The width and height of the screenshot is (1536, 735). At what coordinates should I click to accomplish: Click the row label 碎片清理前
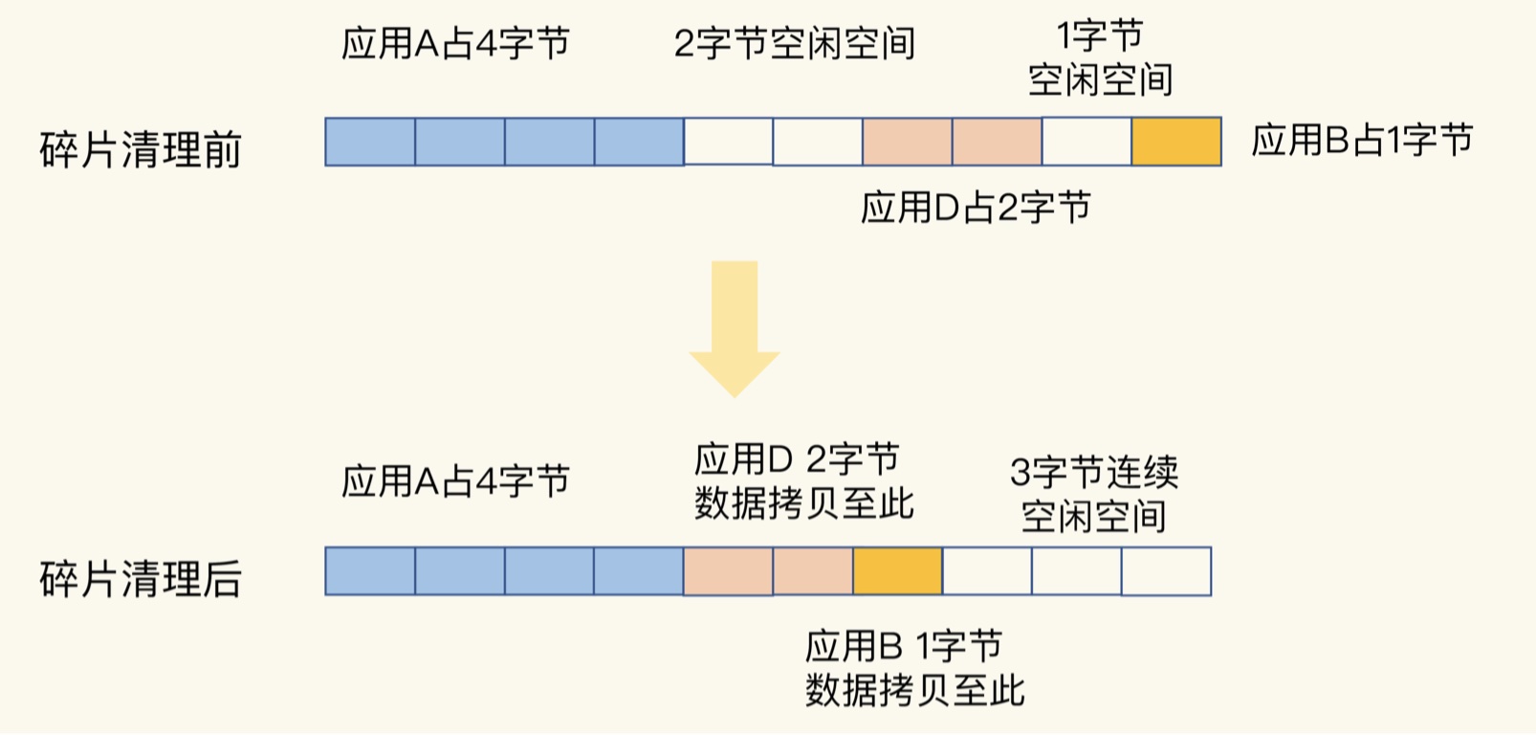coord(141,149)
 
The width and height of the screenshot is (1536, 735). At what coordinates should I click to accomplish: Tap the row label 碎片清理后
coord(141,578)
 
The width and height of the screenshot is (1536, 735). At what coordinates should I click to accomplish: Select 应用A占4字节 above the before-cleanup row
coord(455,44)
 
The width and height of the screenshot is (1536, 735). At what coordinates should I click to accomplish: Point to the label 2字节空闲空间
coord(794,44)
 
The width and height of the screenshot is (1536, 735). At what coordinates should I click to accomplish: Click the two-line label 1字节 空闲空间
coord(1100,59)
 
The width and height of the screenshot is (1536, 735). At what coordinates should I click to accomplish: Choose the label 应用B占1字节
coord(1362,141)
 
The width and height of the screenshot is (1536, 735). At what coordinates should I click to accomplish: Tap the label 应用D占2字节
coord(976,207)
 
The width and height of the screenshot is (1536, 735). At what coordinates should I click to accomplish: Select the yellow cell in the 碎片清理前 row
coord(1176,142)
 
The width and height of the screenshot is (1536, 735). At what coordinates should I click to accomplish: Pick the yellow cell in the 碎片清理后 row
coord(897,571)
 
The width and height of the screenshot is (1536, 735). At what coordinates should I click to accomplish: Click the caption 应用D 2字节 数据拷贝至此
coord(803,481)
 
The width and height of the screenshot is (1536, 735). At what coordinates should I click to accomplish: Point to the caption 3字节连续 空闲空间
coord(1094,494)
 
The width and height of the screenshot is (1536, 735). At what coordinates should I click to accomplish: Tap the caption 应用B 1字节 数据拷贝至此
coord(914,667)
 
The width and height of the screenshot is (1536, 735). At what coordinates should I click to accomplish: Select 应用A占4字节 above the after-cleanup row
coord(455,480)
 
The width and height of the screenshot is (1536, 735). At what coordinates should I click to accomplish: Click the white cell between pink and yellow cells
coord(1086,142)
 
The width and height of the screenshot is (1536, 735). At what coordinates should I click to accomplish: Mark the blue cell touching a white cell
coord(639,142)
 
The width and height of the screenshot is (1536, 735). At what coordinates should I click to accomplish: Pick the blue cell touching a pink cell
coord(638,571)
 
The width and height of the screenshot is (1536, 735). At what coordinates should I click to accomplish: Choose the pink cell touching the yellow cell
coord(813,571)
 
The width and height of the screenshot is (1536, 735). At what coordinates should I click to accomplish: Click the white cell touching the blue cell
coord(728,142)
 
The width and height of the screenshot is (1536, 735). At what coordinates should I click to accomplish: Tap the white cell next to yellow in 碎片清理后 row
coord(987,571)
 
